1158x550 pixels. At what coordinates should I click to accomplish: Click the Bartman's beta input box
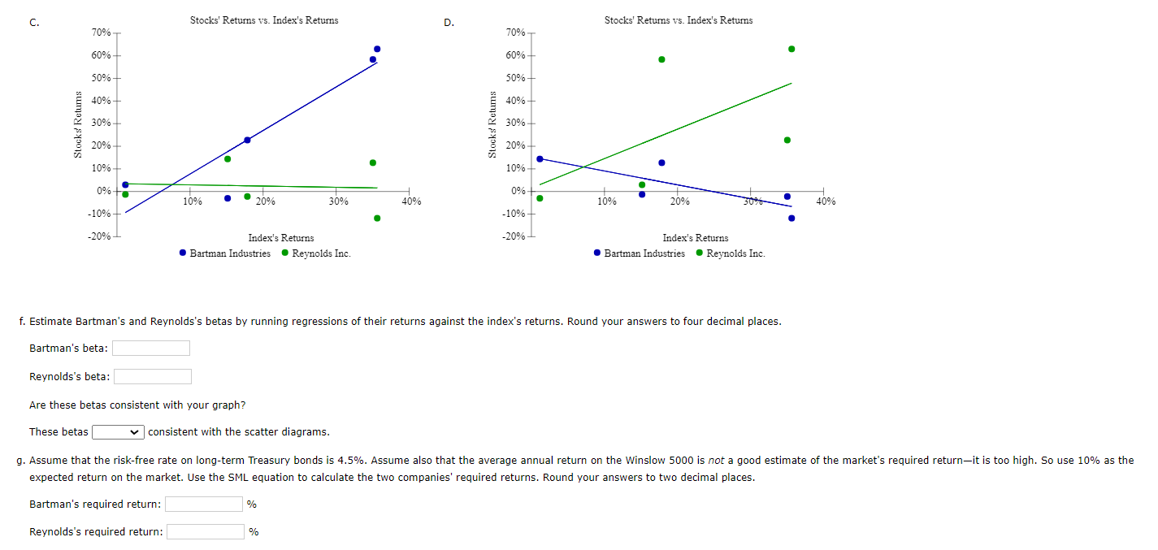[x=151, y=349]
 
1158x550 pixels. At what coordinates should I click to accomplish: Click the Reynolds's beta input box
[x=153, y=376]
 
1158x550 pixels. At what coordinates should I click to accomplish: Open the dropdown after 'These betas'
[x=119, y=431]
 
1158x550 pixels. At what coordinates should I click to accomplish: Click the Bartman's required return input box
[x=204, y=505]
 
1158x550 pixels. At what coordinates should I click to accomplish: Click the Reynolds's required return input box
[x=206, y=532]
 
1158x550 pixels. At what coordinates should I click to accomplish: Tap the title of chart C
[x=264, y=20]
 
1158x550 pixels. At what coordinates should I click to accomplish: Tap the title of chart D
[x=679, y=20]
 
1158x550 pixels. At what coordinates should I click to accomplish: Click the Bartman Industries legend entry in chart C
[x=225, y=253]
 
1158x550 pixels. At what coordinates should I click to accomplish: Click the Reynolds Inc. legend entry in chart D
[x=730, y=253]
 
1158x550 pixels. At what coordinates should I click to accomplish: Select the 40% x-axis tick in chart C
[x=412, y=201]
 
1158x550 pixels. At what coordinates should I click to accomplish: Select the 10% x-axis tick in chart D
[x=607, y=201]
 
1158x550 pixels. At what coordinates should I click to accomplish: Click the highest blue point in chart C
[x=377, y=49]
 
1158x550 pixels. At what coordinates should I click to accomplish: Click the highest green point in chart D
[x=792, y=49]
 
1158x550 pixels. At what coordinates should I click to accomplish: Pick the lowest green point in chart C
[x=377, y=218]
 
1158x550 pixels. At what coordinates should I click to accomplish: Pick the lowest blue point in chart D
[x=792, y=218]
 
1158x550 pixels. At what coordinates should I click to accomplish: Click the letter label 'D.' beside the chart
[x=449, y=23]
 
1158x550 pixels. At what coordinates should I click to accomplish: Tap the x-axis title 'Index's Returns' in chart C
[x=280, y=238]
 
